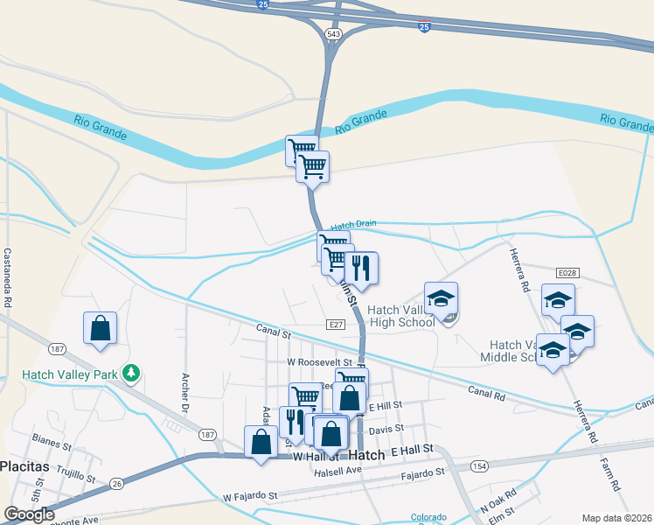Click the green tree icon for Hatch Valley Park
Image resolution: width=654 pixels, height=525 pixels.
click(131, 374)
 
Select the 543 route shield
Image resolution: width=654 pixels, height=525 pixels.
click(332, 33)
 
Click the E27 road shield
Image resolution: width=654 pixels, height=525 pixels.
click(336, 325)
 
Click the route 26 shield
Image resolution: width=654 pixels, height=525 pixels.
click(117, 482)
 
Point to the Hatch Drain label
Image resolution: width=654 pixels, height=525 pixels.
click(353, 224)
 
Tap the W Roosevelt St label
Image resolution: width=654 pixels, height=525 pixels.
click(319, 361)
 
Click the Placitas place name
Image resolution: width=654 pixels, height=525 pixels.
click(24, 466)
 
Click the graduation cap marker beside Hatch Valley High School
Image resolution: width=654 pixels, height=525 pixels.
click(441, 298)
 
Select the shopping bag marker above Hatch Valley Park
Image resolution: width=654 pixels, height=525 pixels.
click(100, 328)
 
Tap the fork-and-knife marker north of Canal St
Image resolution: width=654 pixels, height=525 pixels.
click(361, 268)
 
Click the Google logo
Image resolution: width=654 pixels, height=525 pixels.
click(29, 514)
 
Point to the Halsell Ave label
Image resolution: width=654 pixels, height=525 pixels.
click(338, 470)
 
